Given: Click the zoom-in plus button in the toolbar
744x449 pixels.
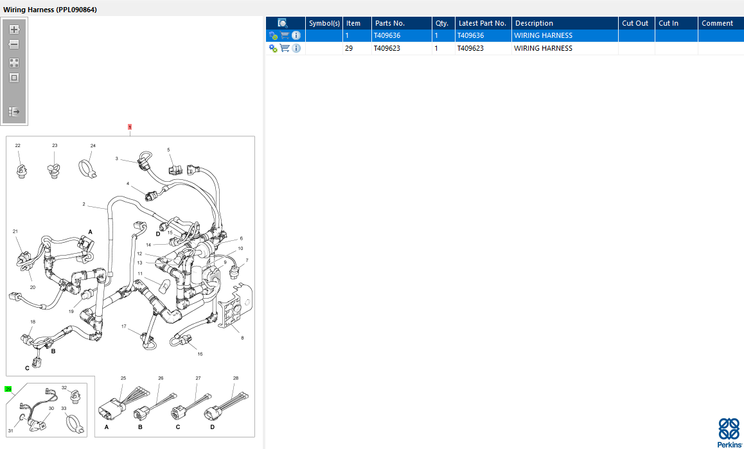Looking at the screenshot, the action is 14,30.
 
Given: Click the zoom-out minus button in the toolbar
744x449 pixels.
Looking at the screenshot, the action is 14,44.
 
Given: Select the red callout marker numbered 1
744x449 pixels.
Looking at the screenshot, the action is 130,127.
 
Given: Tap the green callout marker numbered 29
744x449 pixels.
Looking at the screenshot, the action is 8,389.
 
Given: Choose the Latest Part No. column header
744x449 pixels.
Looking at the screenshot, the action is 483,23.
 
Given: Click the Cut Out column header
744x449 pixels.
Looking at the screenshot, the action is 636,23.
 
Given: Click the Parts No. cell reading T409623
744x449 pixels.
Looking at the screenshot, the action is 387,48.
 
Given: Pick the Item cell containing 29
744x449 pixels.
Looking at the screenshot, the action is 349,48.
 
